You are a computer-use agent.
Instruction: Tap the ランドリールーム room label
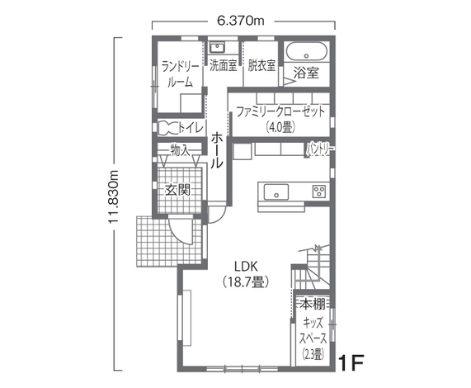[179, 73]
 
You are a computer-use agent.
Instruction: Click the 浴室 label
[306, 73]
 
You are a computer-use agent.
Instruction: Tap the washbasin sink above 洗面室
[219, 47]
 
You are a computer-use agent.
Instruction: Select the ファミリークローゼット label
[280, 111]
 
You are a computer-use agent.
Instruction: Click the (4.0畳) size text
[280, 127]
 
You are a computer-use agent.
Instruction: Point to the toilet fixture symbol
[168, 127]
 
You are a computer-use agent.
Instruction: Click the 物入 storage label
[179, 150]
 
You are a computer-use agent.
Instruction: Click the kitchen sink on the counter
[274, 192]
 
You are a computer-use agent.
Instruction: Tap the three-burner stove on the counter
[318, 192]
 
